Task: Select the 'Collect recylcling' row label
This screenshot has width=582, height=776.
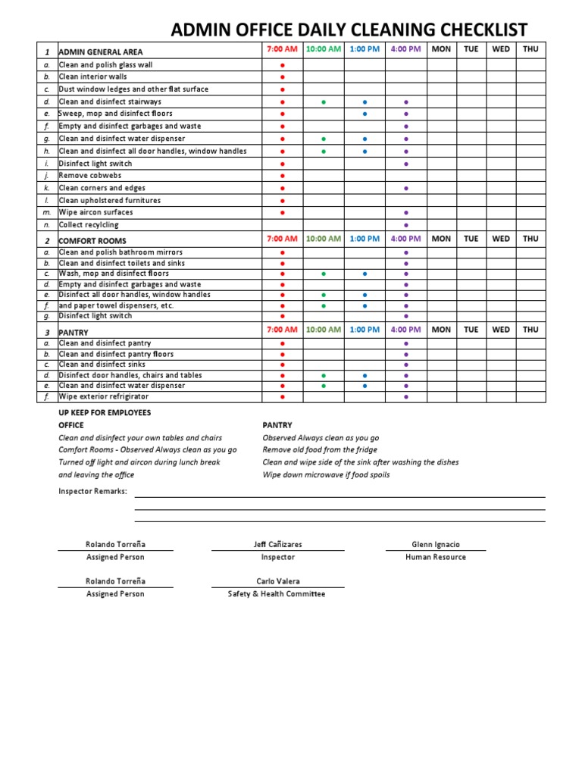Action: pos(89,225)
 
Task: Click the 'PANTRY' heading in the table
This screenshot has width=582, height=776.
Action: pos(74,333)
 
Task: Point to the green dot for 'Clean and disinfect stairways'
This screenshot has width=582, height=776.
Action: pos(324,102)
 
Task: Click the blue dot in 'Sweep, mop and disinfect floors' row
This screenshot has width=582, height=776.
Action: pos(365,114)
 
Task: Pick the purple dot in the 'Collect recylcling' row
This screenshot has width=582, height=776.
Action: pos(406,225)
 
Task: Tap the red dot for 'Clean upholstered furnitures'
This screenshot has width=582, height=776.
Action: pos(283,201)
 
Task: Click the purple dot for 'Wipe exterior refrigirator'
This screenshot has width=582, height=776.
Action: pos(406,396)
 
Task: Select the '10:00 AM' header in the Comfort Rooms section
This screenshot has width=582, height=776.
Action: pos(324,239)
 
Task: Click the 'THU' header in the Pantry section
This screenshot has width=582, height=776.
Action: pos(530,330)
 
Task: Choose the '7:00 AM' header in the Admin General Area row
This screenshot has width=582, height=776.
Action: pos(282,50)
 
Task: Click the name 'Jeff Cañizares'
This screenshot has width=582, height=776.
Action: pos(277,544)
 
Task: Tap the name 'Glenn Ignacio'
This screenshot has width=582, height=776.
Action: pos(436,544)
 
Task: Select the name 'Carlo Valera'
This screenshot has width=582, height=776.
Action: pos(277,581)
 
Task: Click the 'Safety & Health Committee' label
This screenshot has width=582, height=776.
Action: pos(277,594)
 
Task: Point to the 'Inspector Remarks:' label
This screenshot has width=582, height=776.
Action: pos(92,491)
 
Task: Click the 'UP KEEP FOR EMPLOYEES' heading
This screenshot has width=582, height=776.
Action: pos(105,412)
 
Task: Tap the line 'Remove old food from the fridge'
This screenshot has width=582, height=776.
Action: pos(320,450)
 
